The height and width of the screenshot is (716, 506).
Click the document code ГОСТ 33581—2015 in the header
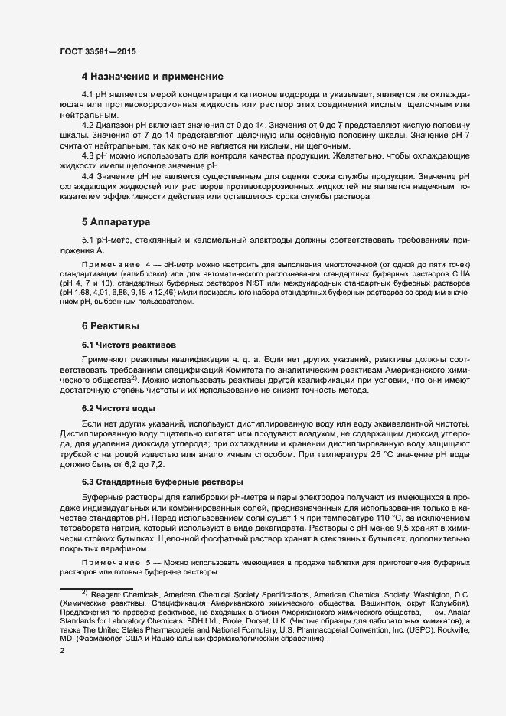click(98, 51)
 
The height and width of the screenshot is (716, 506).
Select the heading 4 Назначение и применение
click(152, 77)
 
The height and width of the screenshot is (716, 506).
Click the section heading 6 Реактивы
click(112, 326)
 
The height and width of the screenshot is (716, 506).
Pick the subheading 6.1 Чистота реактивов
click(129, 344)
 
